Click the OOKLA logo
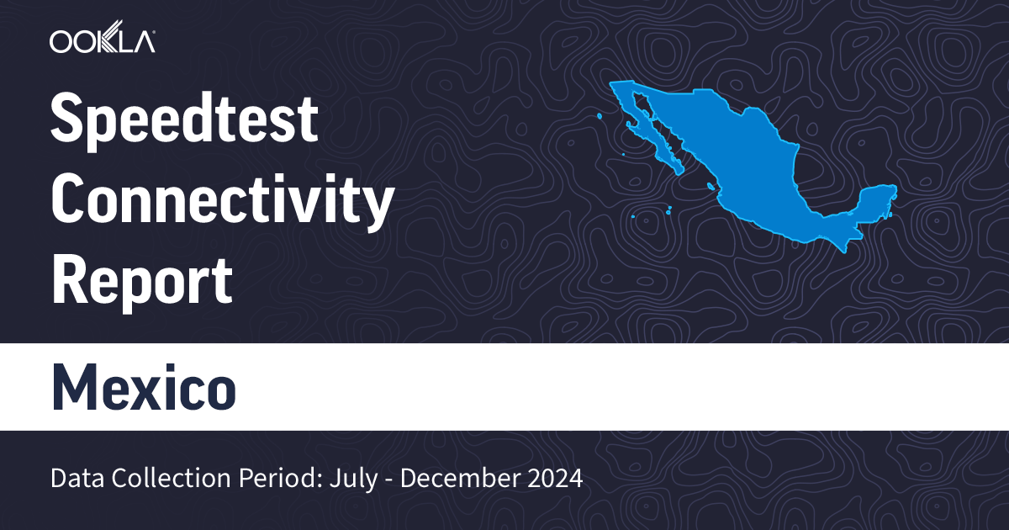102,41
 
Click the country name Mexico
143,386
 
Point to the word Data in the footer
77,479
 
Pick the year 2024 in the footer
552,479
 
